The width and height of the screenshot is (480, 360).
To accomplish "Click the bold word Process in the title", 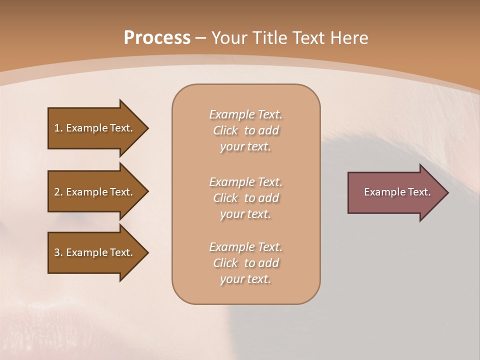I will (x=157, y=38).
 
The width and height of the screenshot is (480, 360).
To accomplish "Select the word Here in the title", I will (x=348, y=38).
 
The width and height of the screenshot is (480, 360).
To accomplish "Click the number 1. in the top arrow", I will (x=58, y=128).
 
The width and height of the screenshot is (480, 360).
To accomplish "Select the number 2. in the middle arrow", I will (x=58, y=192).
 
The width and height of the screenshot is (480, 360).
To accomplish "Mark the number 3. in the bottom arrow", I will (x=58, y=252).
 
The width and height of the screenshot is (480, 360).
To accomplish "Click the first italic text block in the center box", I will (x=245, y=130).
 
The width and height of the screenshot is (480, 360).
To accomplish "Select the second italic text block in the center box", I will (x=245, y=198).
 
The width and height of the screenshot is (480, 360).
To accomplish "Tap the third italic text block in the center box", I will (x=245, y=263).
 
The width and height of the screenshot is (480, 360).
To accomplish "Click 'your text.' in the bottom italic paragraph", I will (x=245, y=279).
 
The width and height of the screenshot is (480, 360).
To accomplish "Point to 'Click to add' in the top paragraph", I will (x=245, y=130).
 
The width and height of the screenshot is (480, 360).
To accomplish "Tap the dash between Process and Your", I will (x=200, y=38).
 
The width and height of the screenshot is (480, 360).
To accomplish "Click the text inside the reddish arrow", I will (x=397, y=192).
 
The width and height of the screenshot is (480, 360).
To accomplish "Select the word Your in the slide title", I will (x=230, y=38).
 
